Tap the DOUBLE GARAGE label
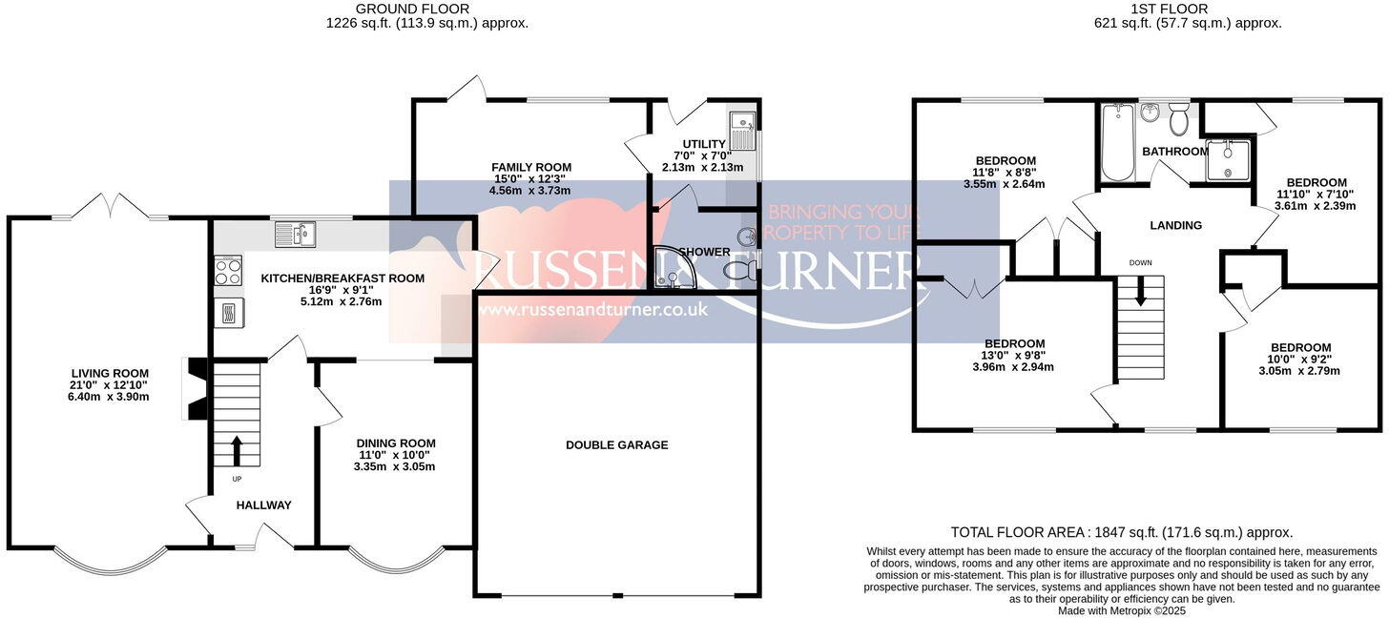pos(616,444)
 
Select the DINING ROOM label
pos(395,443)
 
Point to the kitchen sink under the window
pos(299,233)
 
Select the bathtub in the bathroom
pos(1116,143)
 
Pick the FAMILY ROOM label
pos(532,167)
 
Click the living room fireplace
pos(197,388)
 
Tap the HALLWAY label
pos(263,505)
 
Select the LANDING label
pos(1175,225)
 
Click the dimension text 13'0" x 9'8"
pos(1014,357)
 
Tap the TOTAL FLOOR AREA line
pos(1121,532)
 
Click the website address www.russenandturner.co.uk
pos(595,309)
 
